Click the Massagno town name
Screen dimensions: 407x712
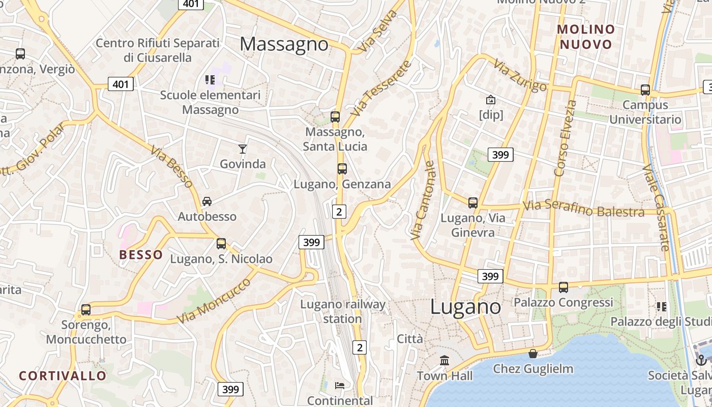(x=284, y=44)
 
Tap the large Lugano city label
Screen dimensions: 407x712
(x=465, y=307)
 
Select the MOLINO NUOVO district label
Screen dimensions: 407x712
(x=586, y=37)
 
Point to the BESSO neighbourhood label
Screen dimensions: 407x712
(x=141, y=255)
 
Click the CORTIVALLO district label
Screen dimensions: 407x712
(x=63, y=376)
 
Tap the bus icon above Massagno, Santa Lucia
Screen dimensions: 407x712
(x=335, y=117)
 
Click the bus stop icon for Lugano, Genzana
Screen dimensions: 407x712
(x=342, y=169)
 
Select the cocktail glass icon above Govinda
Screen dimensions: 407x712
(x=243, y=149)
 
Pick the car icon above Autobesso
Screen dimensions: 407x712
(x=207, y=201)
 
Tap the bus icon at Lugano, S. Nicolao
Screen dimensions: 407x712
(x=221, y=244)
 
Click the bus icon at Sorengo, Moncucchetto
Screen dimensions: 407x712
(x=86, y=309)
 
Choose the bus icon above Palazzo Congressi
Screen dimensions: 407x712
(x=563, y=287)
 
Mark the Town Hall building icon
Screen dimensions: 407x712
(x=445, y=360)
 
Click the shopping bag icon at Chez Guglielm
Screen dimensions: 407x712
(x=533, y=353)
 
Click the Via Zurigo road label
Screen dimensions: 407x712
(x=520, y=75)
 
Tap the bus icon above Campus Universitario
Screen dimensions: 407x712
(x=645, y=90)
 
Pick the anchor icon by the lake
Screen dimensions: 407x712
(x=701, y=360)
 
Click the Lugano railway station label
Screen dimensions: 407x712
(x=343, y=311)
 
